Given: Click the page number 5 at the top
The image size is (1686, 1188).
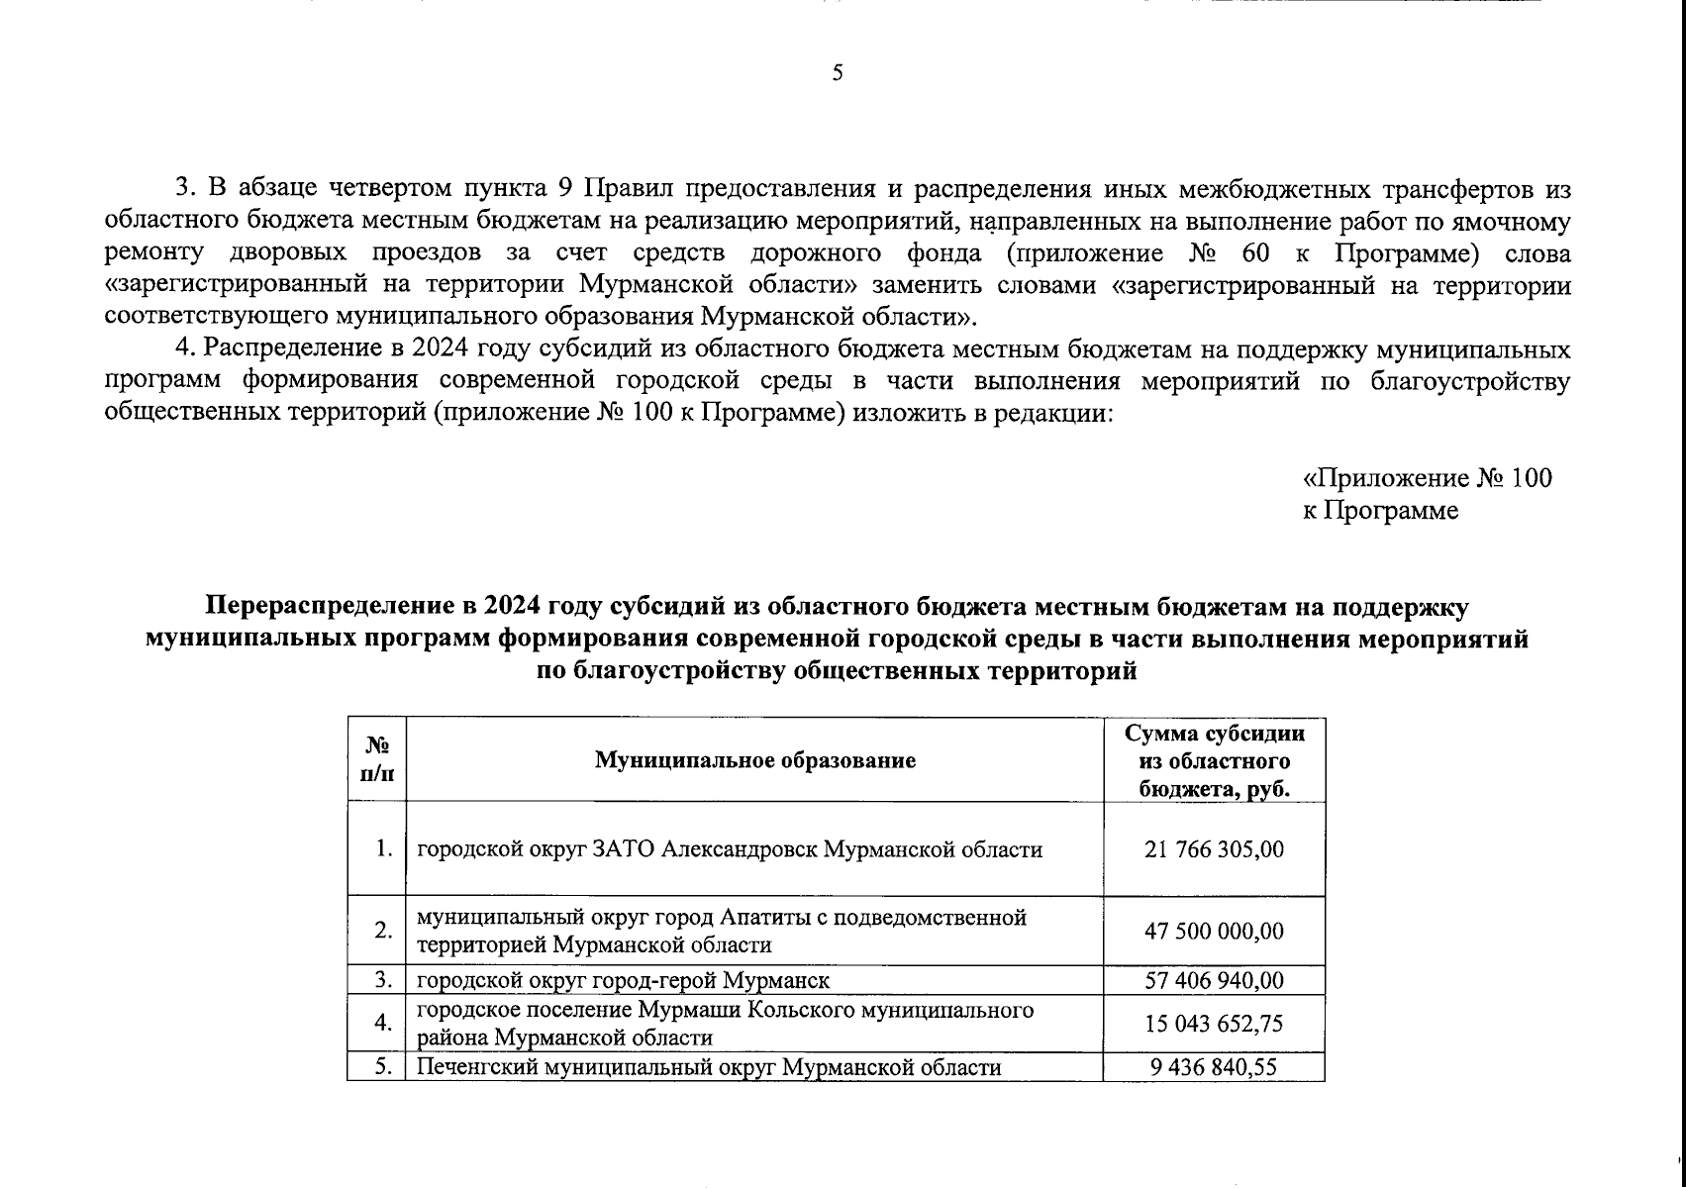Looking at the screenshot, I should pos(838,73).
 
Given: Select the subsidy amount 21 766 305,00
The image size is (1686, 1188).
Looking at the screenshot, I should pos(1214,849).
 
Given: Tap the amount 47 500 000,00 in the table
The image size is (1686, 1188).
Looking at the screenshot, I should pos(1214,932).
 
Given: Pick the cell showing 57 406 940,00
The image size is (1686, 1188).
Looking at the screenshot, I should pos(1214,980).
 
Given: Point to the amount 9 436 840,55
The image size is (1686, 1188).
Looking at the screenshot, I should pos(1214,1067).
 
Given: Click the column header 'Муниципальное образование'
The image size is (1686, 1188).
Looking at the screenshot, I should pos(754,760).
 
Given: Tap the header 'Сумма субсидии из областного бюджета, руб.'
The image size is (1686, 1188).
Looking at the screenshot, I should pos(1214,760).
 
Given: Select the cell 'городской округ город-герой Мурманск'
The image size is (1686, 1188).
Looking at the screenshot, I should pos(622,980).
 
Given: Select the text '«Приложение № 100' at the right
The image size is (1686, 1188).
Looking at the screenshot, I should pos(1427,479).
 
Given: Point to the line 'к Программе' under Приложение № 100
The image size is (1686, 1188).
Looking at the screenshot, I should pos(1380,511).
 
